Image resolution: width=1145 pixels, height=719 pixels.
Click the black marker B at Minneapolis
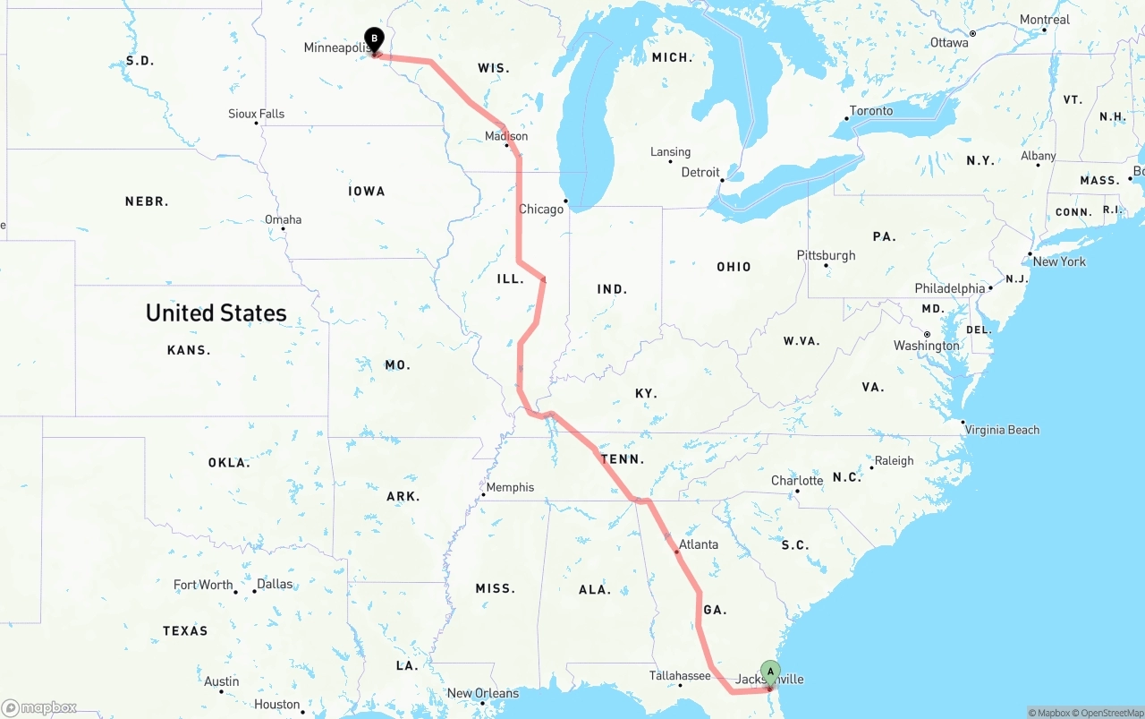pyautogui.click(x=374, y=40)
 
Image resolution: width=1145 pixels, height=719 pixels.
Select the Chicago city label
pyautogui.click(x=541, y=209)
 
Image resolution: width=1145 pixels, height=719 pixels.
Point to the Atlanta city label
pyautogui.click(x=698, y=544)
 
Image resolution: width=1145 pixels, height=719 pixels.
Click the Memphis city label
pyautogui.click(x=510, y=487)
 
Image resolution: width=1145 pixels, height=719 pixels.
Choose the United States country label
pyautogui.click(x=216, y=312)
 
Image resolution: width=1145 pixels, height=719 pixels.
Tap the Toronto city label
pyautogui.click(x=870, y=111)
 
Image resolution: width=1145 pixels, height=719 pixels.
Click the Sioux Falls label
pyautogui.click(x=256, y=114)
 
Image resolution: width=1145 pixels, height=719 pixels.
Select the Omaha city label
pyautogui.click(x=283, y=219)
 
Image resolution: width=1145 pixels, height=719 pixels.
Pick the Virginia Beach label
pyautogui.click(x=1002, y=430)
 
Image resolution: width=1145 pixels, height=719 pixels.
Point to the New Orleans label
pyautogui.click(x=482, y=693)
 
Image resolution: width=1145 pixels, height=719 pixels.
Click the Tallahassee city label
pyautogui.click(x=681, y=676)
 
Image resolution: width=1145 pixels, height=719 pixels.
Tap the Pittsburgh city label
pyautogui.click(x=826, y=255)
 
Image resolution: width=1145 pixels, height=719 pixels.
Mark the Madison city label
pyautogui.click(x=506, y=136)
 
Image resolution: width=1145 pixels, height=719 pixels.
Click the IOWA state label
pyautogui.click(x=367, y=191)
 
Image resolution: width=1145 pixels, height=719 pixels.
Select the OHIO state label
pyautogui.click(x=734, y=267)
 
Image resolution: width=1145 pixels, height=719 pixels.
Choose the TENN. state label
pyautogui.click(x=622, y=459)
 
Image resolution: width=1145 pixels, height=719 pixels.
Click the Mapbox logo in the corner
pyautogui.click(x=39, y=708)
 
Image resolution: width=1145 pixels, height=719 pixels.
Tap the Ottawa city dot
pyautogui.click(x=972, y=33)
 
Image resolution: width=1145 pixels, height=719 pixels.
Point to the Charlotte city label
pyautogui.click(x=797, y=481)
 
